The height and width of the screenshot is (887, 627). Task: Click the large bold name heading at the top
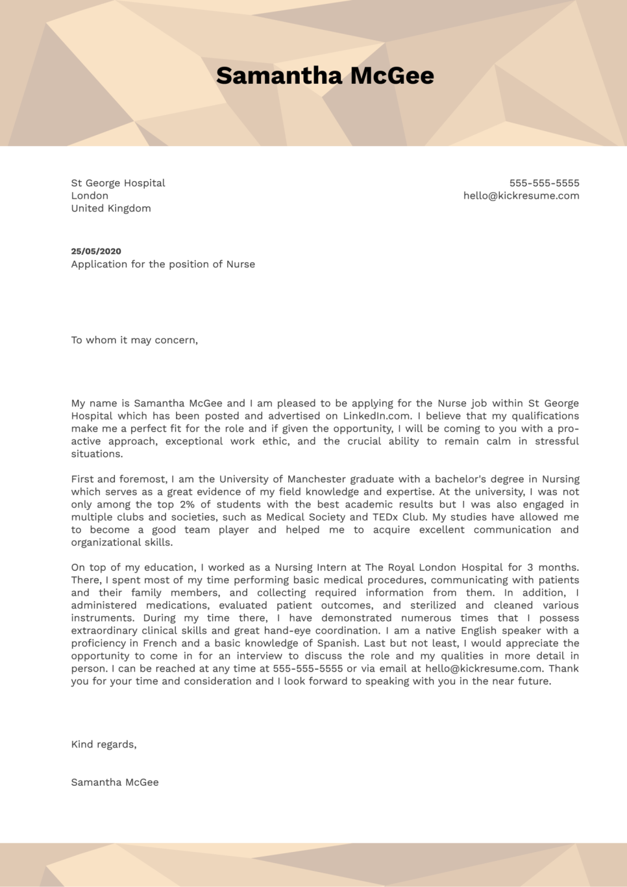tap(325, 76)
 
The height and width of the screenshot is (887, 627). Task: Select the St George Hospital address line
tap(118, 183)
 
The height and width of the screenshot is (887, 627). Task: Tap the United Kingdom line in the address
tap(111, 208)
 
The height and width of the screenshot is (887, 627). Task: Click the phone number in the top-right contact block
tap(544, 183)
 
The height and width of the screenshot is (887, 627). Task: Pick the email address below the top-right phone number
tap(521, 195)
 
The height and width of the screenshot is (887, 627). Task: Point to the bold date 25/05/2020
tap(96, 251)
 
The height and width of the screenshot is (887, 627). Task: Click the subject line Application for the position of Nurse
tap(163, 264)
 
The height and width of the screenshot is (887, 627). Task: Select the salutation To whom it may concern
tap(134, 340)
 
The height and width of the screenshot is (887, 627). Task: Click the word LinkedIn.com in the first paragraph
tap(376, 416)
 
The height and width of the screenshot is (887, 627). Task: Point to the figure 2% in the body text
tap(187, 504)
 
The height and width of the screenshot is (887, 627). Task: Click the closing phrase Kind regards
tap(104, 744)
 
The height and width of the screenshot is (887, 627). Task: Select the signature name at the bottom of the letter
tap(115, 783)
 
